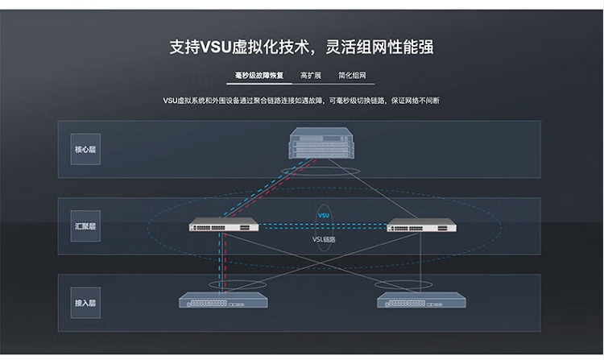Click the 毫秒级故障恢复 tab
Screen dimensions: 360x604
click(x=260, y=76)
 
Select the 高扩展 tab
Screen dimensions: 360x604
click(x=311, y=76)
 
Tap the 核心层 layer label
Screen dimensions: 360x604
click(x=85, y=149)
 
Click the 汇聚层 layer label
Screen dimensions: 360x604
click(x=85, y=226)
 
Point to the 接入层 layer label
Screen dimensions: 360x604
click(x=85, y=303)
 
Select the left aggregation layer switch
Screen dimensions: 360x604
click(x=223, y=226)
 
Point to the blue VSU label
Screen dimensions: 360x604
click(x=324, y=216)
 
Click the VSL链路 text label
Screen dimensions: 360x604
click(x=324, y=238)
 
